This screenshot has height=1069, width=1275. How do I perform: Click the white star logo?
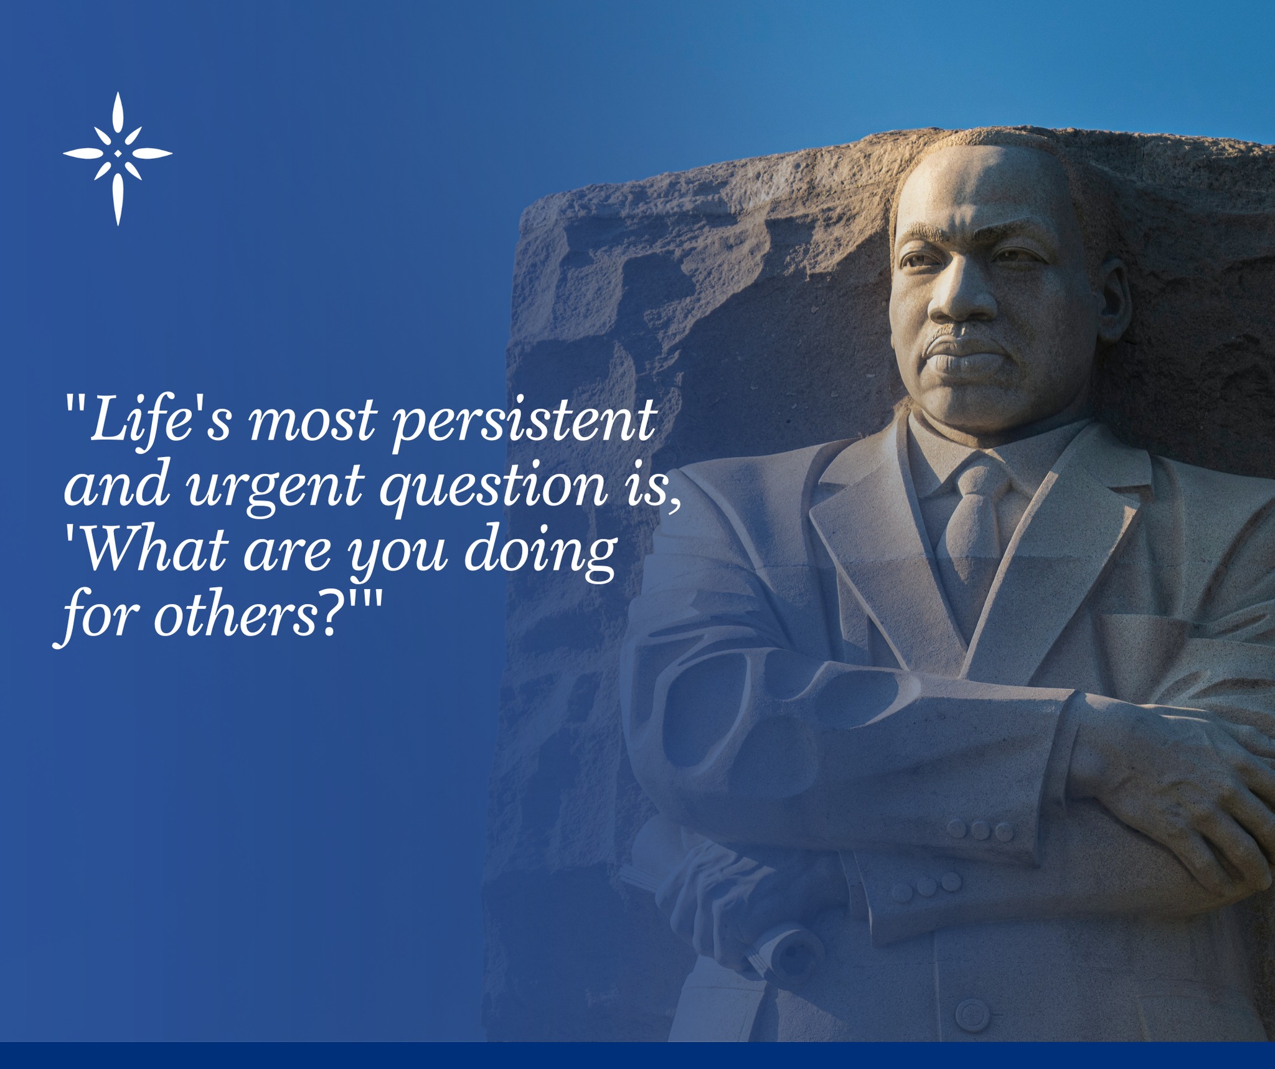click(x=118, y=158)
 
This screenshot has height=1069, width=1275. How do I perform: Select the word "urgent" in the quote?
click(x=273, y=486)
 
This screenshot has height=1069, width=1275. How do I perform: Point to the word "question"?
click(x=492, y=486)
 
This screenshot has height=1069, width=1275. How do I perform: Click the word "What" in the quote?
click(x=153, y=550)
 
